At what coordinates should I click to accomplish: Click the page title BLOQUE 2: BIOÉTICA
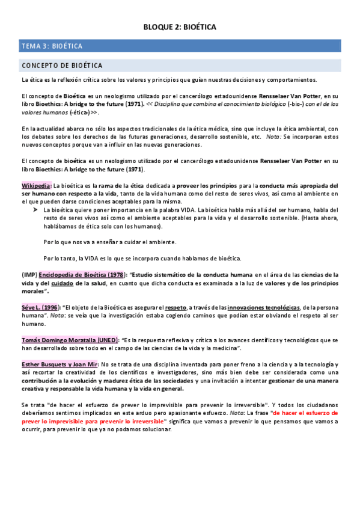180,27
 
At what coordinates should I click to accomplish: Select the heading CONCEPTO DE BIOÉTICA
62,65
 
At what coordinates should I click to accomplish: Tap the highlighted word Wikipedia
36,186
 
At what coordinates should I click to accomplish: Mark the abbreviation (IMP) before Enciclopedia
29,274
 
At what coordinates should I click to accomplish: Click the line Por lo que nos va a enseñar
109,242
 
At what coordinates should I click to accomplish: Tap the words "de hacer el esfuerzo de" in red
304,413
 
